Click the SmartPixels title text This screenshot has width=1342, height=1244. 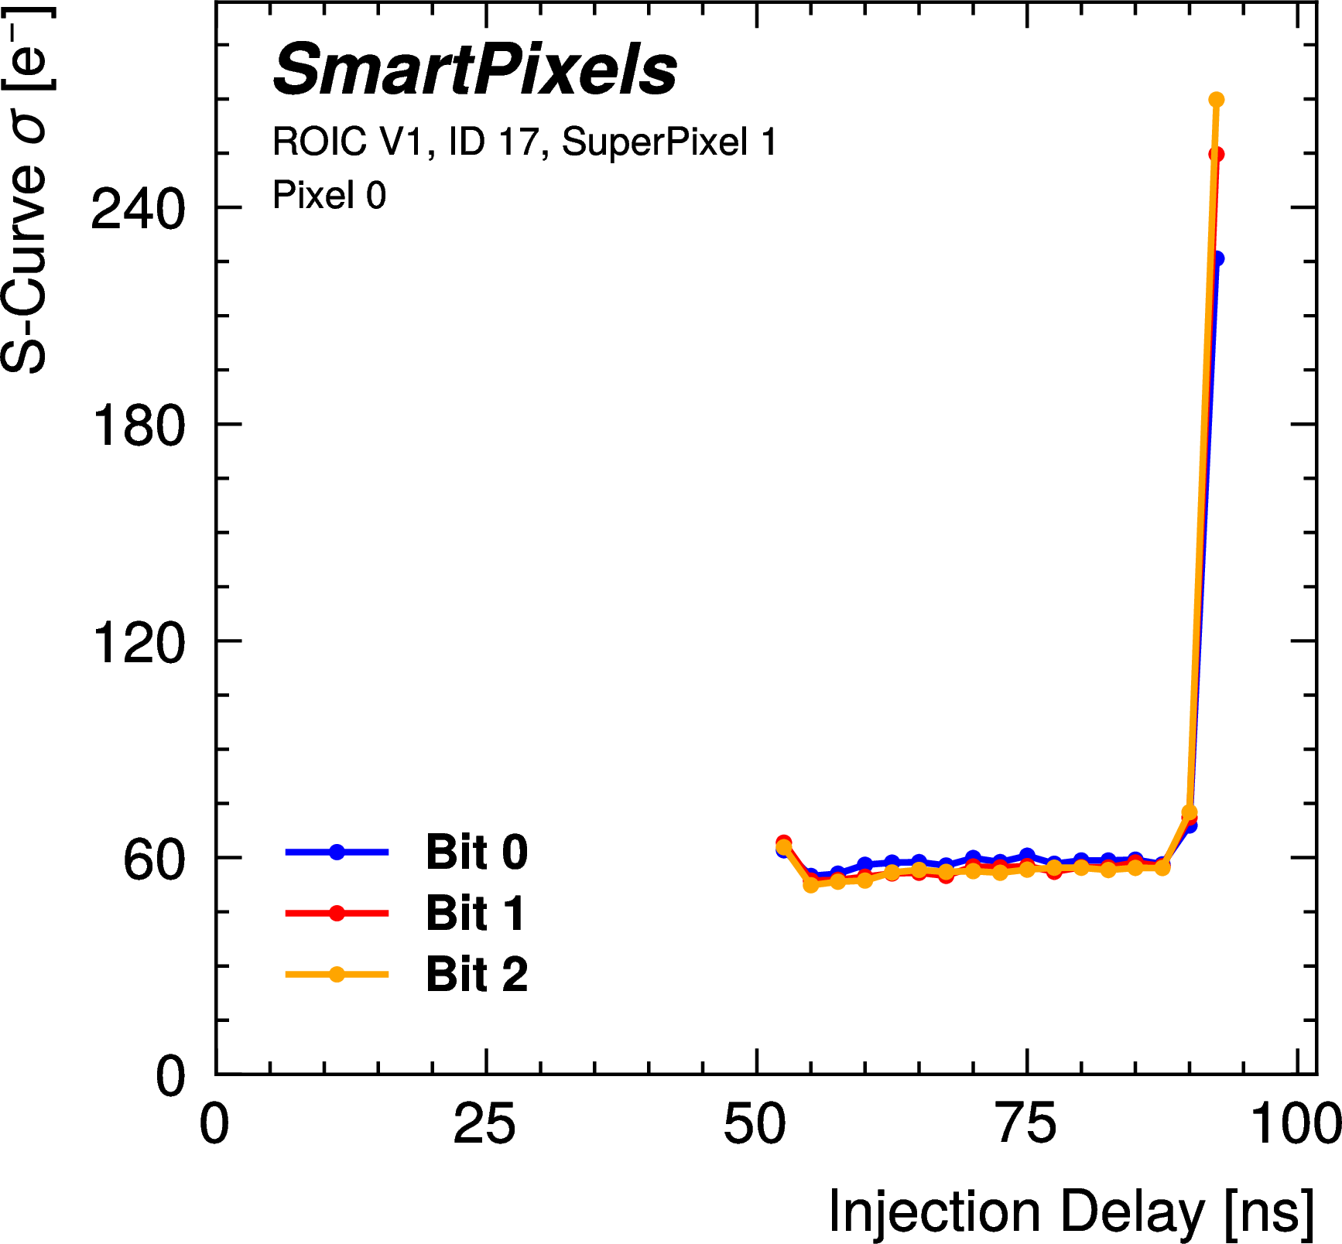pos(474,70)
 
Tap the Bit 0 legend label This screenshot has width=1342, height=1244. pos(476,852)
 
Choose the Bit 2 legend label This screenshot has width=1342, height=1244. pos(476,974)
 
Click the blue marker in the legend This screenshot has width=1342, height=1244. pos(337,852)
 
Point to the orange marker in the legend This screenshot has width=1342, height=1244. pos(337,974)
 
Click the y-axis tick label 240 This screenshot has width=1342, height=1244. pos(138,208)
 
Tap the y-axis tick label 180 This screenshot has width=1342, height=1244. pos(138,425)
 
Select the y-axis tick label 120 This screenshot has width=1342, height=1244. pos(138,641)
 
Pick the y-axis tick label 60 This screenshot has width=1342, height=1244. pos(153,859)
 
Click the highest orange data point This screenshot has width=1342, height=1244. pos(1216,100)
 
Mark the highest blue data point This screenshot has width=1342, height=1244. pos(1217,258)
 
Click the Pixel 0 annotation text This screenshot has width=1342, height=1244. pos(329,195)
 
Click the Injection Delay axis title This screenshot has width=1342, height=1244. pos(1070,1211)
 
